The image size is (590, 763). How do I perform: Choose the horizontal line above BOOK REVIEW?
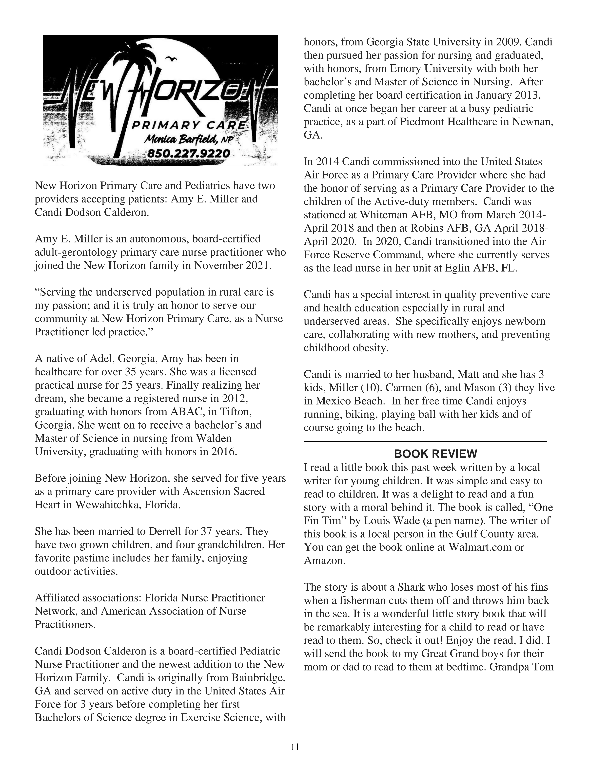[x=425, y=442]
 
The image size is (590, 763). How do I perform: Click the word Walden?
[x=214, y=438]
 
